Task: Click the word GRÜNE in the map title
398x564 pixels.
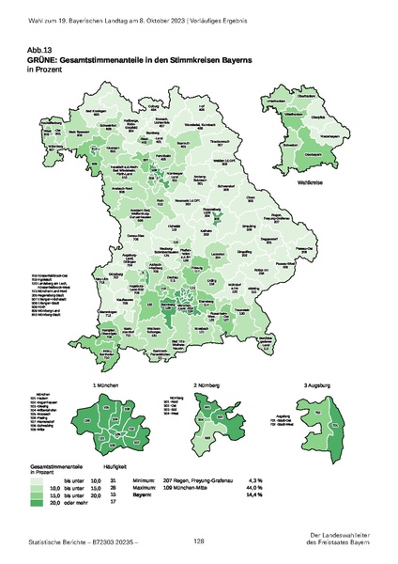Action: coord(71,58)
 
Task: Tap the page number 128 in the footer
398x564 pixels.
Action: coord(199,541)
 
